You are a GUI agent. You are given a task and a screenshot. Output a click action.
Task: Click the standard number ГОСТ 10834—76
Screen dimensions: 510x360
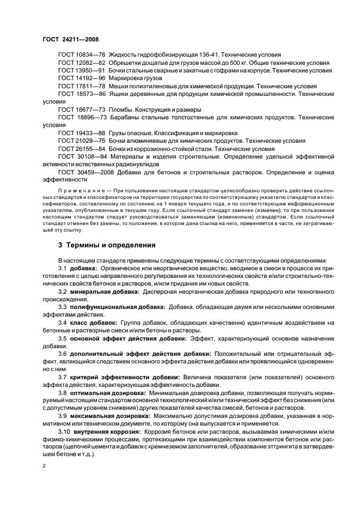82,55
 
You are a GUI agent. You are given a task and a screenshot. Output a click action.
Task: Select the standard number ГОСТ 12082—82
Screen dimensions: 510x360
82,63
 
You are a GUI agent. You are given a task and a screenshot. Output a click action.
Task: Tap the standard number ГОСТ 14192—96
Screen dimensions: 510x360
82,78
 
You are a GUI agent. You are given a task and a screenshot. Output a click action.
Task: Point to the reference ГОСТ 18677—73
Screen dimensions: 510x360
82,110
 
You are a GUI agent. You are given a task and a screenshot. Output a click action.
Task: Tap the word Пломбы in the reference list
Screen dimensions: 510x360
121,110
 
